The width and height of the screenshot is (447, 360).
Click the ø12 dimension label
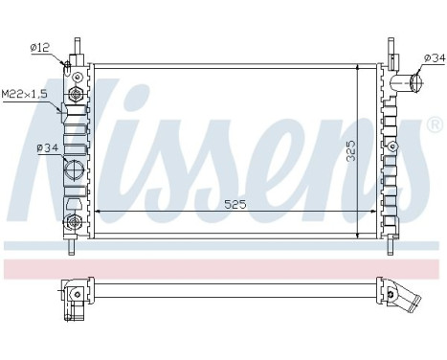(x=40, y=46)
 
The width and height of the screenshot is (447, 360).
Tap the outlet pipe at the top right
(x=414, y=83)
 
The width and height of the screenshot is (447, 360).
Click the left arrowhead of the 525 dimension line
(x=99, y=212)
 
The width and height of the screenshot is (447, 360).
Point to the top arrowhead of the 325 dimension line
(x=359, y=69)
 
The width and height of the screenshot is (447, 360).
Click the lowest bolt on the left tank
(x=72, y=223)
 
